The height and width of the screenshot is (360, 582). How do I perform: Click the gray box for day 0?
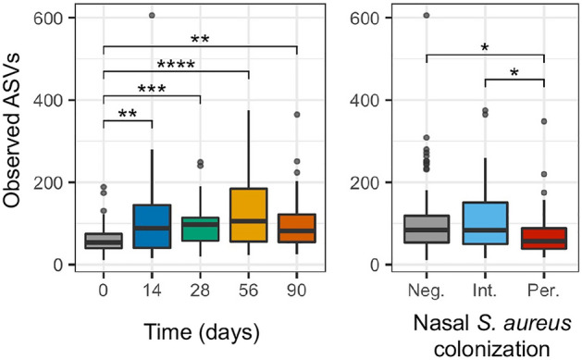(104, 241)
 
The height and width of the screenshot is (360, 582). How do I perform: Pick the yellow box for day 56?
(247, 215)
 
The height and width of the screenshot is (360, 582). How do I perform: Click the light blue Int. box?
(485, 223)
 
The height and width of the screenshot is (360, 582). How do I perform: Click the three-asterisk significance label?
(151, 88)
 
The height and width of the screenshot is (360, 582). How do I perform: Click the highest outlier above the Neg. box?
(426, 15)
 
